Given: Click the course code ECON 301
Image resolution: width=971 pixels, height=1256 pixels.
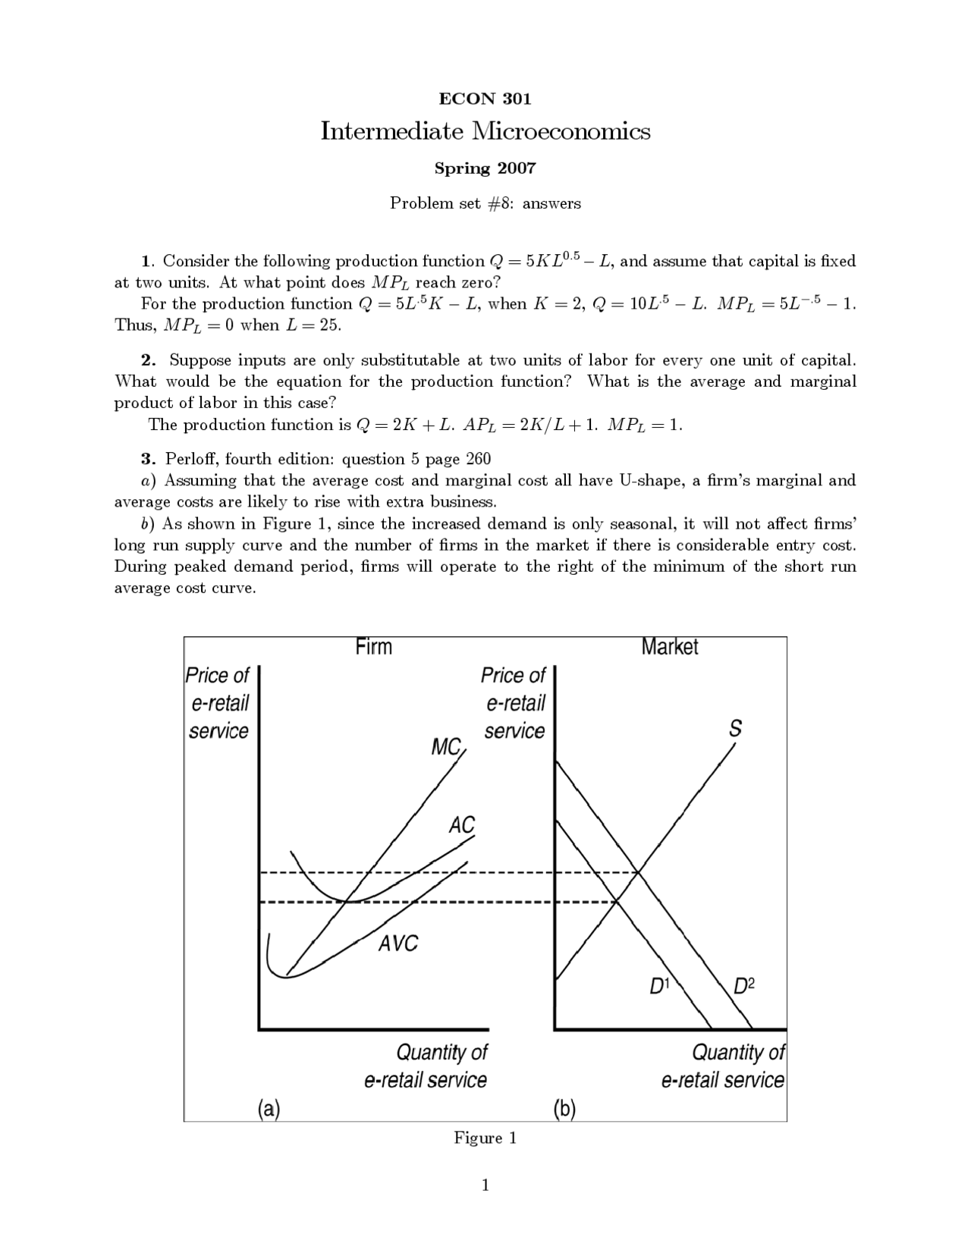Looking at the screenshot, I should pos(485,99).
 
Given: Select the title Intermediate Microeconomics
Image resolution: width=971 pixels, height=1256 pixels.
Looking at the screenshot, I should pos(485,131).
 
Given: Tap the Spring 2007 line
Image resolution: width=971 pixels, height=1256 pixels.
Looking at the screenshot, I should pos(485,168).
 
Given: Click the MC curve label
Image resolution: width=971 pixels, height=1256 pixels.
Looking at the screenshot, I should pos(447,747).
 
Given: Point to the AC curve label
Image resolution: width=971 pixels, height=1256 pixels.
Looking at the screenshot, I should pos(461,825).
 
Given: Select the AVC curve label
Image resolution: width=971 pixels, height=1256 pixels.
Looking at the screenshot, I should pos(398,944).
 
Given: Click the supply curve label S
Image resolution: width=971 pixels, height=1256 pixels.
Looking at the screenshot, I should pos(734,729).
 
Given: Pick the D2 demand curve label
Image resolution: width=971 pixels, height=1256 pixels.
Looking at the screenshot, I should pos(744,986).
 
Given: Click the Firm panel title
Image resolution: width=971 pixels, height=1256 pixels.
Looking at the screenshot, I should pos(373,647).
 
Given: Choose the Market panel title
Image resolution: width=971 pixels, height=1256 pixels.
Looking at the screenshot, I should pos(669,647).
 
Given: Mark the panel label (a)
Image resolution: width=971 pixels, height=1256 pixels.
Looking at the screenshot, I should pos(269,1109).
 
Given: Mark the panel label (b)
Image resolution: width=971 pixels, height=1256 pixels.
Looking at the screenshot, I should pos(564,1109).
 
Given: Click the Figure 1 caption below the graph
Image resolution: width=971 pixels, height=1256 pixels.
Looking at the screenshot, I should pos(485,1138).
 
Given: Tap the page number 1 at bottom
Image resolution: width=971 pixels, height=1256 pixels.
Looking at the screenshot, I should pos(485,1185).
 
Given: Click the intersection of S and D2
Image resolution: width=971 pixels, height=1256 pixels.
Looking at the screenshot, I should pos(639,873).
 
